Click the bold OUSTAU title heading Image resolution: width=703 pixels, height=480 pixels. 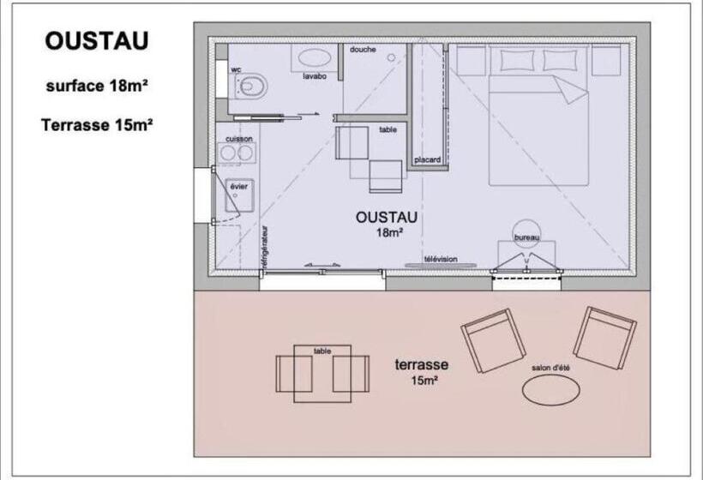tap(96, 41)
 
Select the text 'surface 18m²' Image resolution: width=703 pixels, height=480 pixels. tap(97, 86)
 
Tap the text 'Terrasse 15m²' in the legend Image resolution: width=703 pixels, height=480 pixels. tap(97, 124)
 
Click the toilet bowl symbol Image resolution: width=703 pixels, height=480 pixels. tap(251, 85)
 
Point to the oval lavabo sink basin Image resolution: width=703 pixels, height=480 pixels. tap(315, 57)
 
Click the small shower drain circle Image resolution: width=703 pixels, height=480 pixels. tap(392, 57)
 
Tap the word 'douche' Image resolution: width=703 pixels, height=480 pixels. tap(363, 50)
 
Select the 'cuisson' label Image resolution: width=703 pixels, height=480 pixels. tap(239, 139)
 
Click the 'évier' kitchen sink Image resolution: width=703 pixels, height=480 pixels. tap(239, 195)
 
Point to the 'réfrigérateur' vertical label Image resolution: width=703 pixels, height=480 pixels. tap(265, 248)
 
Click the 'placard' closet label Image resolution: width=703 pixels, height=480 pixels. tap(427, 159)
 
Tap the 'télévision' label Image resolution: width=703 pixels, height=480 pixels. tap(441, 259)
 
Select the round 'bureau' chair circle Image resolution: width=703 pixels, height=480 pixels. tap(526, 220)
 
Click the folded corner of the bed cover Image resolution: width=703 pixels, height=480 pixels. tap(570, 89)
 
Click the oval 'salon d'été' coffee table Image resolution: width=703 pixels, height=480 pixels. tap(551, 389)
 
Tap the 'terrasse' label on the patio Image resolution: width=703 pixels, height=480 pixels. tap(422, 364)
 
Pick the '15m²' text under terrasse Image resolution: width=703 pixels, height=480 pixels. tap(424, 381)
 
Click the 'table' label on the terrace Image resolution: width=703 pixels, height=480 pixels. tap(322, 351)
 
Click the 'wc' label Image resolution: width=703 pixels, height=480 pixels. tap(236, 69)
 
